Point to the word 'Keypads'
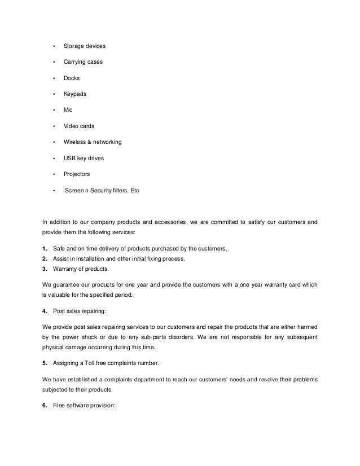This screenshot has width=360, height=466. coord(76,94)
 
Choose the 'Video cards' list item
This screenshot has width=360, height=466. coord(79,126)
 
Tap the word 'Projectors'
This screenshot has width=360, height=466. coord(77,174)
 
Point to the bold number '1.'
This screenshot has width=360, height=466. coord(45,249)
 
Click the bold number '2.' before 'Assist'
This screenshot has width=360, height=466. coord(45,259)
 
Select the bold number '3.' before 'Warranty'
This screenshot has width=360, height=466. coord(45,269)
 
